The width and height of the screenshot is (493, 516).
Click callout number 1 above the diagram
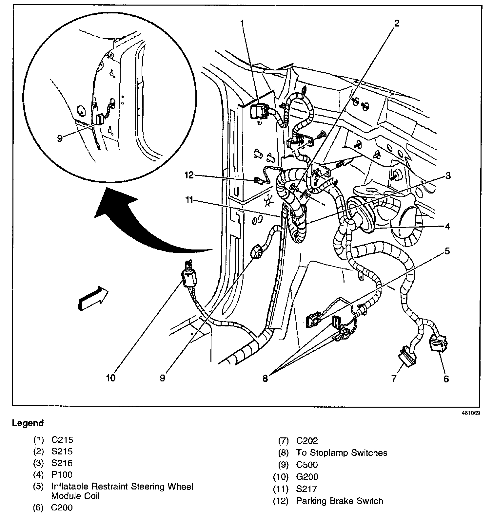pos(242,23)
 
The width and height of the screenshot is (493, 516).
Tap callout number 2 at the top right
pos(397,23)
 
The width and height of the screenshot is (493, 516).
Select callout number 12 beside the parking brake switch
pos(190,175)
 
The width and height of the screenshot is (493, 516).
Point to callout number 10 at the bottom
pos(111,378)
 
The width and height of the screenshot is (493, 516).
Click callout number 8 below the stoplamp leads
pos(265,378)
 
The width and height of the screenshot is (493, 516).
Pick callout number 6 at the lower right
pos(446,379)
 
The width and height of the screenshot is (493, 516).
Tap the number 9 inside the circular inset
pos(60,138)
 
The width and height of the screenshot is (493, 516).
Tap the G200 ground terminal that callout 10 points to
pos(189,275)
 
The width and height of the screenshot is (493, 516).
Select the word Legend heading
pos(28,423)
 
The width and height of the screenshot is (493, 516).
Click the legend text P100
pos(62,474)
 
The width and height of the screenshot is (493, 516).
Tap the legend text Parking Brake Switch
pos(339,501)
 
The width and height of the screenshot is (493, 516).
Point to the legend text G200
pos(307,477)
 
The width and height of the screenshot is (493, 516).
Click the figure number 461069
pos(471,413)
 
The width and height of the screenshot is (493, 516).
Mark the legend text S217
pos(306,489)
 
